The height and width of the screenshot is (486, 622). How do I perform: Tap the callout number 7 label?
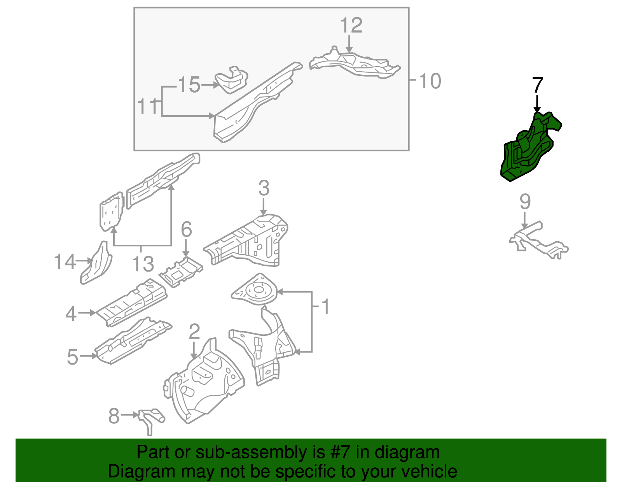click(537, 85)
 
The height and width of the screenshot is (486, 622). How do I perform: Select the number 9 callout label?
click(525, 202)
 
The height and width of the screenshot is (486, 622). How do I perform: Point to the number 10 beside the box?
click(430, 81)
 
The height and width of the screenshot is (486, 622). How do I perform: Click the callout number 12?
click(351, 26)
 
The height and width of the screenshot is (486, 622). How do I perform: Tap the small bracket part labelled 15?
click(232, 81)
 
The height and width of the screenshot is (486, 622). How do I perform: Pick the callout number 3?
click(264, 189)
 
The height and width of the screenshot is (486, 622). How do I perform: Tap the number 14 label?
click(64, 262)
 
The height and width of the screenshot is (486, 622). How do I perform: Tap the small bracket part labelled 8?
click(150, 418)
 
